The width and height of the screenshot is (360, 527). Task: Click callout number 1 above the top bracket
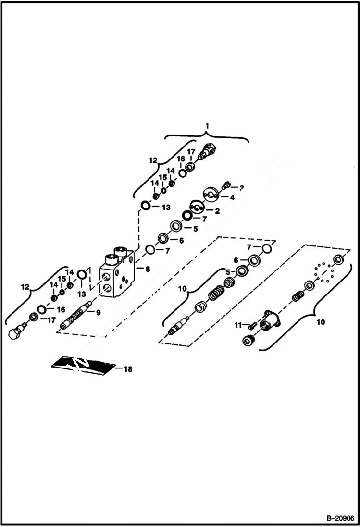click(207, 126)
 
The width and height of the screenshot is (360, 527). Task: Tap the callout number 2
click(217, 210)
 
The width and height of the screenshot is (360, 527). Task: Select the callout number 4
click(232, 197)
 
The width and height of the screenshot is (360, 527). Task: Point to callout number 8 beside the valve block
click(147, 270)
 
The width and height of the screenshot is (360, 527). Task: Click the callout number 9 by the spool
click(98, 313)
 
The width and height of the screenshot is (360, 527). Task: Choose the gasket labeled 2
click(197, 208)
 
